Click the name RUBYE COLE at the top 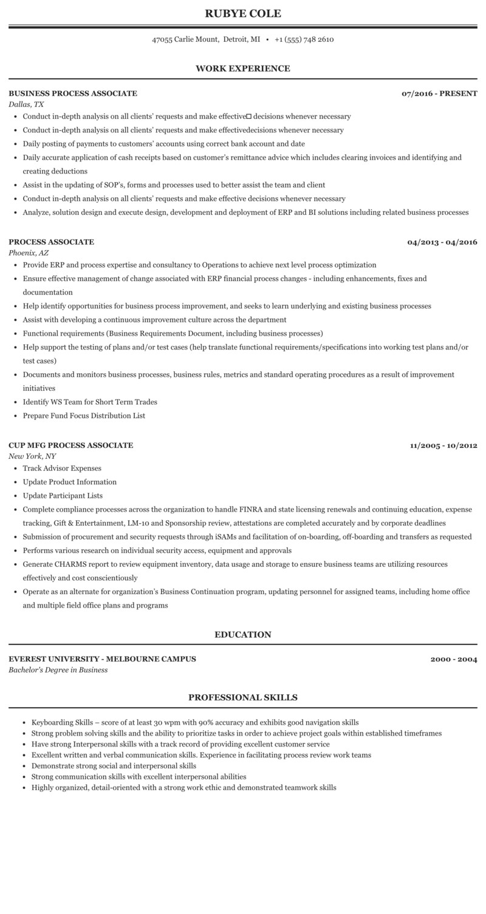[x=243, y=13]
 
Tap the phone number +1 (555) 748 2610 [x=304, y=39]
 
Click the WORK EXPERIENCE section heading [x=243, y=69]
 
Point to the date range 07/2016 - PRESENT [x=439, y=93]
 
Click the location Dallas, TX [x=26, y=104]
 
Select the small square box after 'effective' [x=248, y=116]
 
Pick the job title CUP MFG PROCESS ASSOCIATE [x=70, y=445]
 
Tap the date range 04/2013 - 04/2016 [x=442, y=242]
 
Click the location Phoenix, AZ [x=29, y=252]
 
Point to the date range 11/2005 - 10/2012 [x=443, y=445]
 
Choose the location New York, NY [x=33, y=456]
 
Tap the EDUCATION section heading [x=243, y=635]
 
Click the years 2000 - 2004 [x=454, y=659]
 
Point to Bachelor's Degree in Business [x=58, y=670]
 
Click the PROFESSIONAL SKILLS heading [x=243, y=698]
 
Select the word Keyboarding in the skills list [x=52, y=722]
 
